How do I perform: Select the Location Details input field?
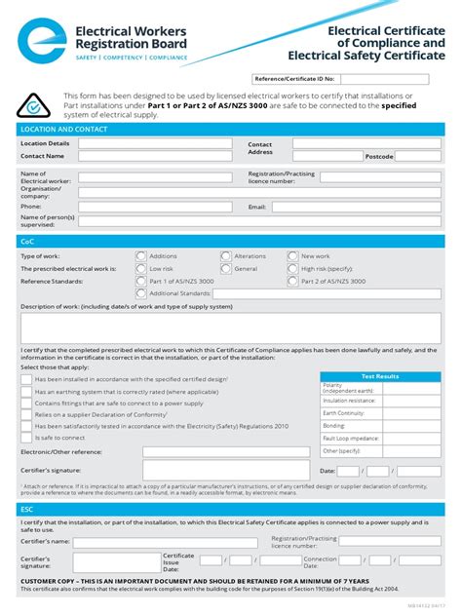click(157, 143)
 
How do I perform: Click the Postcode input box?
click(418, 156)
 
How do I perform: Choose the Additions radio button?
click(141, 256)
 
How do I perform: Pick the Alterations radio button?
click(226, 256)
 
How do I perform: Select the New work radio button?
click(292, 256)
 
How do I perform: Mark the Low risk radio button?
click(141, 268)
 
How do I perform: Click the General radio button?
click(226, 268)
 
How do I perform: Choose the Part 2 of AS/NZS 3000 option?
click(292, 281)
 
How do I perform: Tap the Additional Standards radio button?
click(141, 292)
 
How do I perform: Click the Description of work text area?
click(230, 327)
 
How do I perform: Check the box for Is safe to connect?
click(26, 438)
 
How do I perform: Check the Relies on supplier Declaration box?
click(26, 414)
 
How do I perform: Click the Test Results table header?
click(380, 376)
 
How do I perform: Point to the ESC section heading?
click(27, 509)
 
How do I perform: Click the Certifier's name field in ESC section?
click(156, 541)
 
